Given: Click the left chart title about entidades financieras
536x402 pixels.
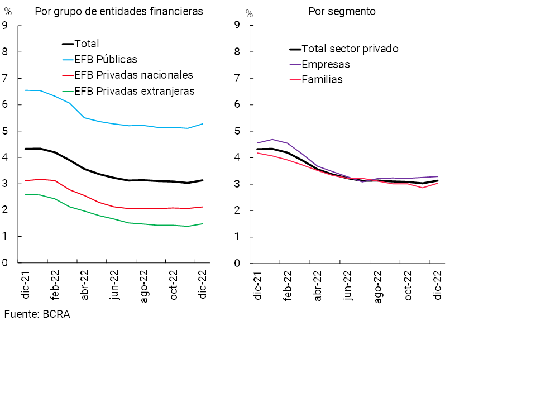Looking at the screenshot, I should [118, 11].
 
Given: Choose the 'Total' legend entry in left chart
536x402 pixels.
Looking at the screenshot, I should [86, 44].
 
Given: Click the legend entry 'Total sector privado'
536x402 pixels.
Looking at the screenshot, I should [350, 49].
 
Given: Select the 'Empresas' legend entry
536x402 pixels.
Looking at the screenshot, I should [326, 64].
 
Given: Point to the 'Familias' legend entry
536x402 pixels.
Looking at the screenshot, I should [322, 80].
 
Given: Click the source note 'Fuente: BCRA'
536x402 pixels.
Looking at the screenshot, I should [37, 314].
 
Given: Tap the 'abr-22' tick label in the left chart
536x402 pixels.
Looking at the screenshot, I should [85, 285].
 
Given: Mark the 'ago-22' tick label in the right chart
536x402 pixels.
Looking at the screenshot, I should [378, 286].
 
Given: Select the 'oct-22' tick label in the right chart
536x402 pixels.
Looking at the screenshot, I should [408, 286].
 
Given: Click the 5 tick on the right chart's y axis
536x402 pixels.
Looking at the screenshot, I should [237, 131].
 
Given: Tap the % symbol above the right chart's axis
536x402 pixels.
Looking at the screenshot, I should [249, 12].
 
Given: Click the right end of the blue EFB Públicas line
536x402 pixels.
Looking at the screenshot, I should [202, 124].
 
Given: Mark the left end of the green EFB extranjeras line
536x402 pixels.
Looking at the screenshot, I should [25, 194].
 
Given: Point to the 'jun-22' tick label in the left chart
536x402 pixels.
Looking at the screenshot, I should [114, 286].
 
